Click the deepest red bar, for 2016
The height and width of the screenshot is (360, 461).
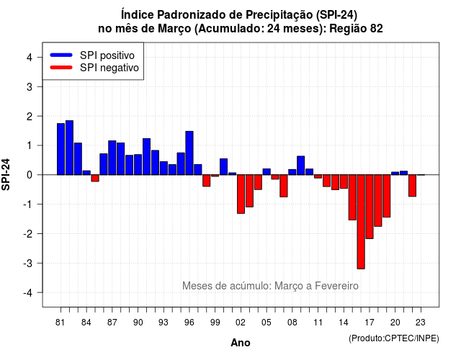[361, 222]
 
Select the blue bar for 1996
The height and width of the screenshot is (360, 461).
[189, 153]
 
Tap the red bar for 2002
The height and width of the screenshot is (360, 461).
[241, 194]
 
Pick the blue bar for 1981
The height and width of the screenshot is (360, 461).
[61, 149]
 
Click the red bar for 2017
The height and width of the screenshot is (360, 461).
[370, 207]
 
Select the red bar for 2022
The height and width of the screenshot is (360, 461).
[413, 186]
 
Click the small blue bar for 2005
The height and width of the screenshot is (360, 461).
[267, 171]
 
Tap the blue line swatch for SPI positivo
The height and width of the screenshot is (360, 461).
[61, 55]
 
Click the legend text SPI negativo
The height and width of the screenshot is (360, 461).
[109, 68]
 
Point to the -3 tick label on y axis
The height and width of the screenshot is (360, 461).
[28, 264]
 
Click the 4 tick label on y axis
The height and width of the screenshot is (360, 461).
[30, 58]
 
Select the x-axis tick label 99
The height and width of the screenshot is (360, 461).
[215, 323]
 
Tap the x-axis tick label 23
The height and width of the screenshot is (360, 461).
[421, 323]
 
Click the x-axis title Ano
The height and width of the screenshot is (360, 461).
[241, 343]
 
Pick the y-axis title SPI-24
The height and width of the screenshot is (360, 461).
[6, 174]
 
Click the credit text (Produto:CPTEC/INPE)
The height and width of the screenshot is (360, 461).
[394, 338]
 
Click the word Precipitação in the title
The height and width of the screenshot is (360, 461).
[279, 14]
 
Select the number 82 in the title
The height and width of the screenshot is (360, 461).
[377, 29]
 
